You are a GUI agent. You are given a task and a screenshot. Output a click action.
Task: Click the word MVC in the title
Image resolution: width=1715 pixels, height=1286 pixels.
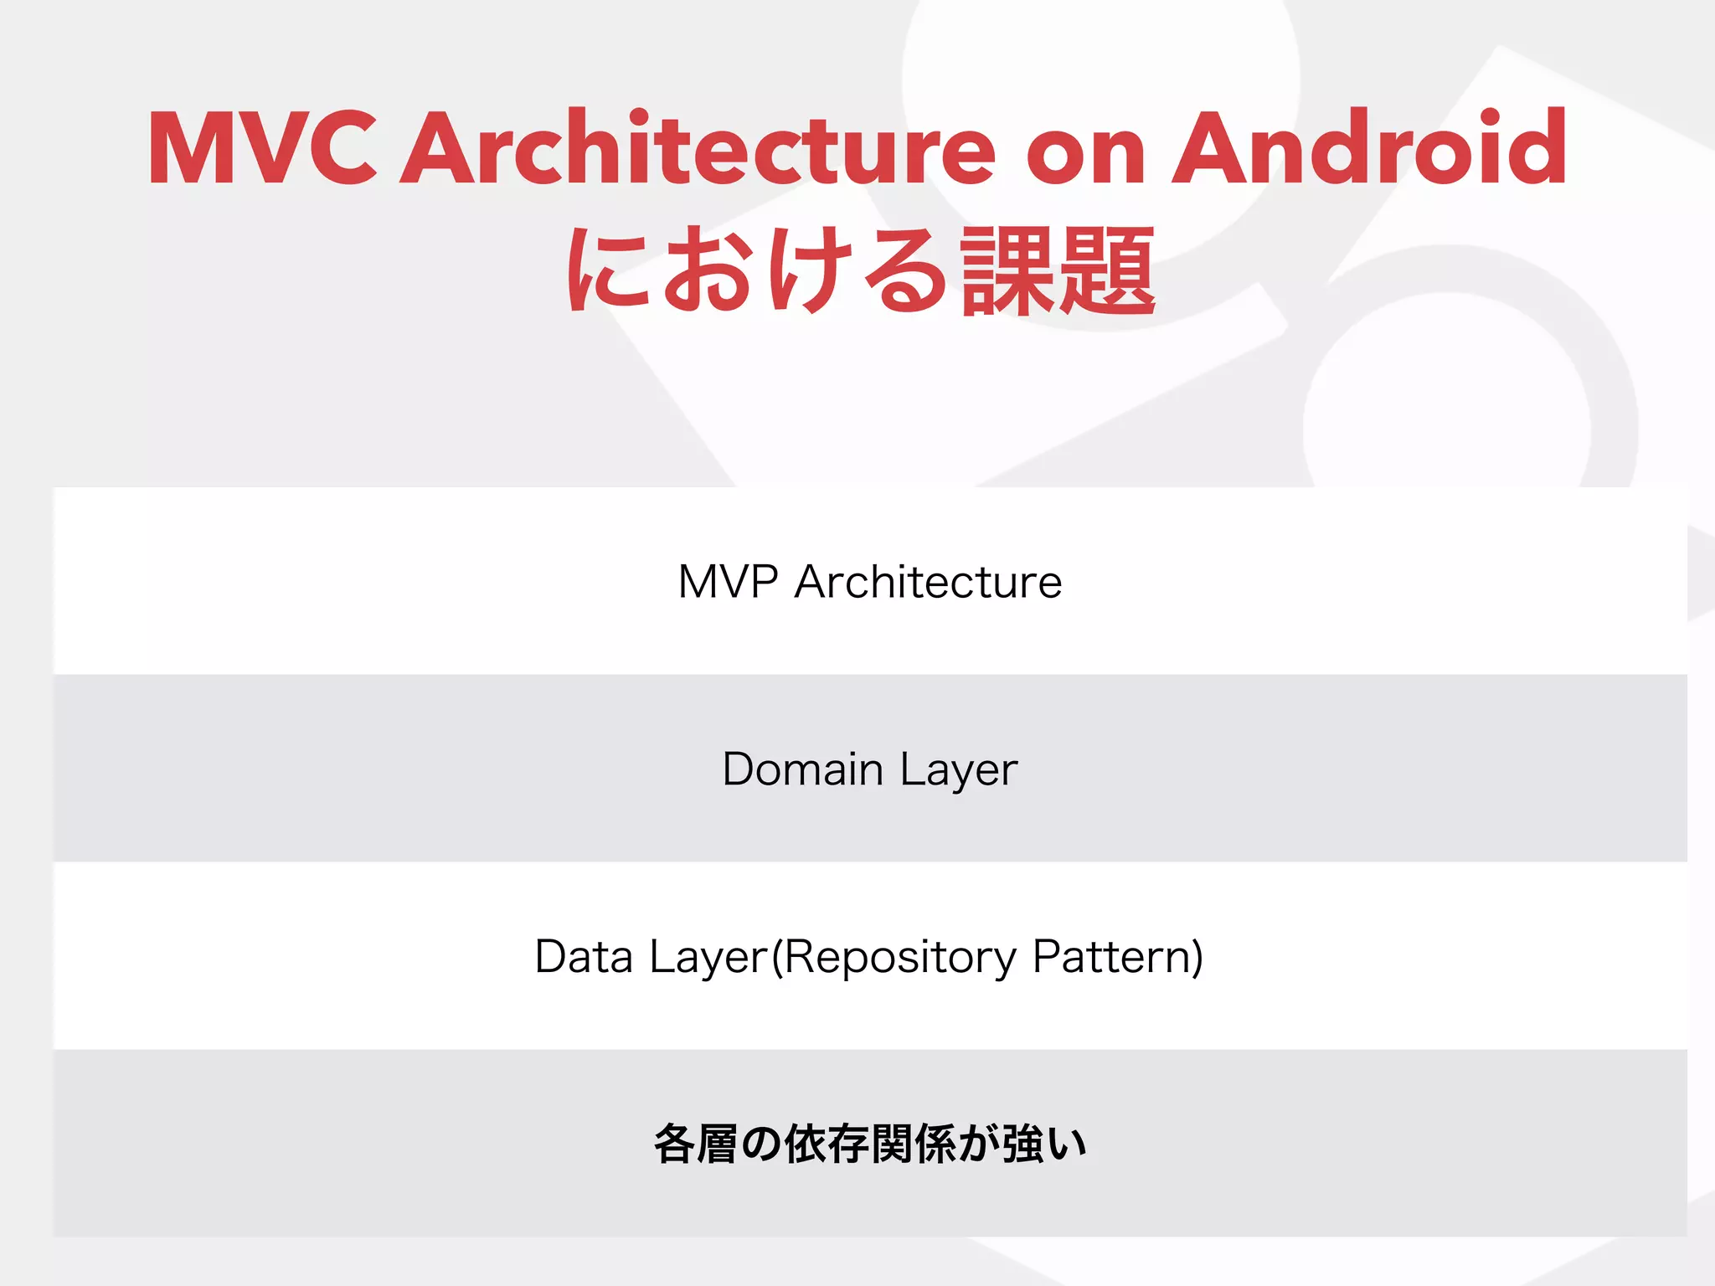(x=262, y=148)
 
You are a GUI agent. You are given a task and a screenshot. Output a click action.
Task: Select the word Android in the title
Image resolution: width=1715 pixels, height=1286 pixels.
(x=1369, y=148)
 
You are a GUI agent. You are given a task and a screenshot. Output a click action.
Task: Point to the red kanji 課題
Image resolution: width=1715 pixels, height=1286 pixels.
(x=1058, y=271)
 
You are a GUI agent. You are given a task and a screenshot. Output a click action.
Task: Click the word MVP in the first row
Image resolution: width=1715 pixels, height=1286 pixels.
(x=727, y=581)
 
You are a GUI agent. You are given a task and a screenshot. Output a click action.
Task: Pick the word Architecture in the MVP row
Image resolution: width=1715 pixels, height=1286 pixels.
(x=928, y=581)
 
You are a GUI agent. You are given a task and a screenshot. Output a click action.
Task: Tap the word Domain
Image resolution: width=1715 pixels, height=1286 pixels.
(x=802, y=769)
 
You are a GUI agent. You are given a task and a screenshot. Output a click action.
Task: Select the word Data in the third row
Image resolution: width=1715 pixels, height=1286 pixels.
(x=584, y=956)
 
